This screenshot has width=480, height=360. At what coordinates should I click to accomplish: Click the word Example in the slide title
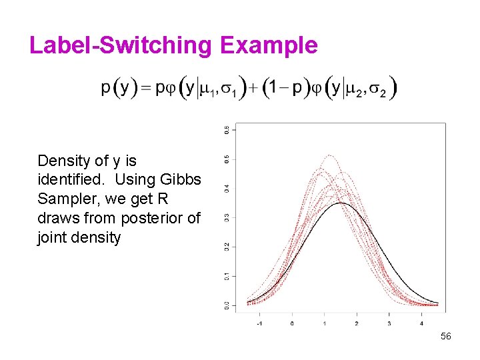coord(268,45)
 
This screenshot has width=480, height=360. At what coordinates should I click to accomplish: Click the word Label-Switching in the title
coord(120,45)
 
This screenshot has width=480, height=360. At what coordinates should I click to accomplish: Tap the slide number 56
coord(446,337)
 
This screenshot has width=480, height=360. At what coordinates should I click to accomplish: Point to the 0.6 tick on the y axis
coord(227,129)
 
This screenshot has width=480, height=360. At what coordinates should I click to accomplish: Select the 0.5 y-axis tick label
coord(227,159)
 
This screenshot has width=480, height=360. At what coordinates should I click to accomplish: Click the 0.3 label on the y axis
coord(227,217)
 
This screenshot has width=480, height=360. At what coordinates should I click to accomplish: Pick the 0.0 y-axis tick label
coord(227,305)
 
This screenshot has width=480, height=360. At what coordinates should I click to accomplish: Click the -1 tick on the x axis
coord(259,323)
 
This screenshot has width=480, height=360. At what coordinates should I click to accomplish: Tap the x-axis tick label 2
coord(356,323)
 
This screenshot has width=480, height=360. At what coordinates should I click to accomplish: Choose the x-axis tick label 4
coord(421,323)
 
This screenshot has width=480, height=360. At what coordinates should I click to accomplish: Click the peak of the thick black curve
coord(341,203)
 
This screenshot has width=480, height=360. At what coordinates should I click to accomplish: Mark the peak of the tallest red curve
coord(327,155)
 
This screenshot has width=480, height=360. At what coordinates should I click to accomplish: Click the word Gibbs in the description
coord(180,180)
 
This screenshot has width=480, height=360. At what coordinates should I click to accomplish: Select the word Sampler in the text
coord(62,199)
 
